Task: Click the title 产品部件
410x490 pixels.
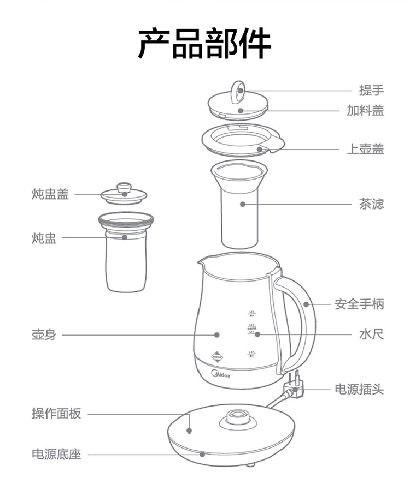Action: (204, 43)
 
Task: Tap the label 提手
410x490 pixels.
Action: (371, 90)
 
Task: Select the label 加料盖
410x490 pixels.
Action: (365, 111)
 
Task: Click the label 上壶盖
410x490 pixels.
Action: (365, 148)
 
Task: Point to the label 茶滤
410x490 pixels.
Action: (371, 204)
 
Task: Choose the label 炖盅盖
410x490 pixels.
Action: (50, 194)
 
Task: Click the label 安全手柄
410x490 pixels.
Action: (359, 304)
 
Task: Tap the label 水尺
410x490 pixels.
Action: (371, 334)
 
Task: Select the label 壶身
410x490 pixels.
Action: (43, 334)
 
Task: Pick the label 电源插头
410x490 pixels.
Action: (359, 389)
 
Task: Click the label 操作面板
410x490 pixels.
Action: (56, 414)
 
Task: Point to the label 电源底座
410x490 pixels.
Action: (56, 454)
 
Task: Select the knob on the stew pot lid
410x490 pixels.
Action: (125, 187)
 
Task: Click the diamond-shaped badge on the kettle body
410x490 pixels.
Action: (218, 354)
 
